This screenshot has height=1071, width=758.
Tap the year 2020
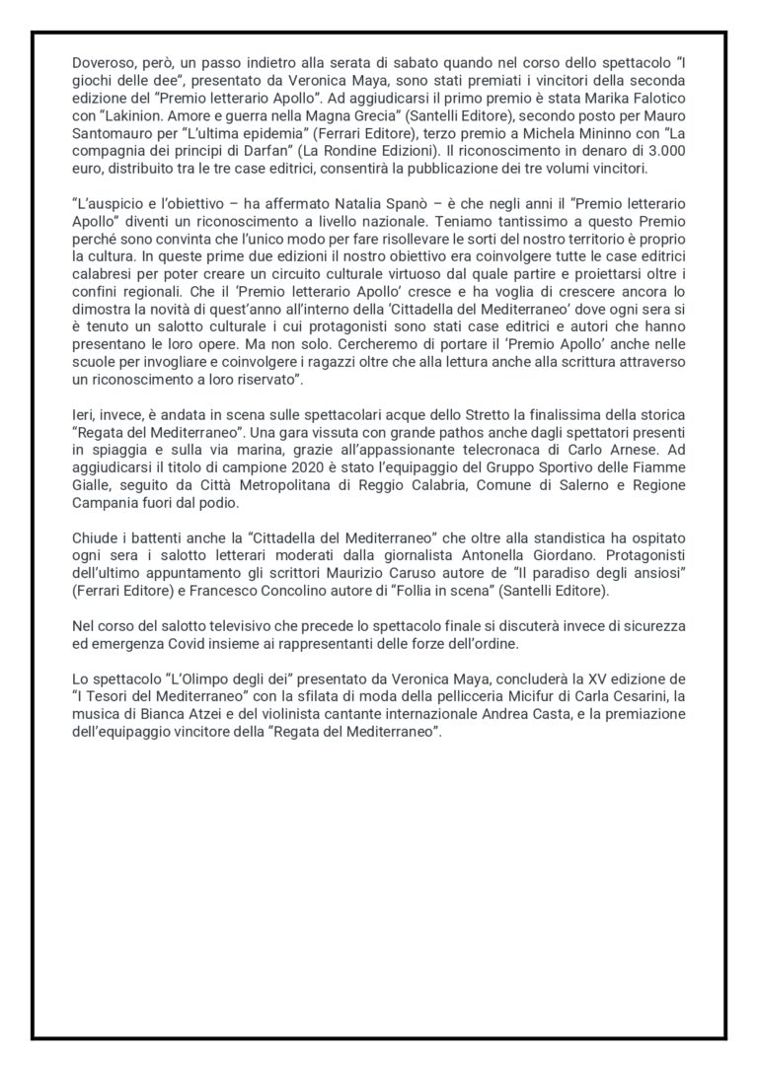(x=285, y=480)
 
